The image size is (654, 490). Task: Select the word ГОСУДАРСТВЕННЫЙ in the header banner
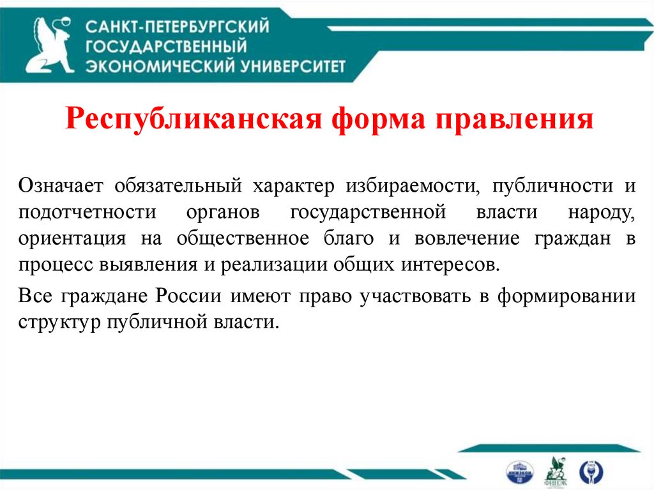pos(166,46)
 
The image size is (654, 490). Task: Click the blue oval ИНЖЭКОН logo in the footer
pos(519,471)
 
